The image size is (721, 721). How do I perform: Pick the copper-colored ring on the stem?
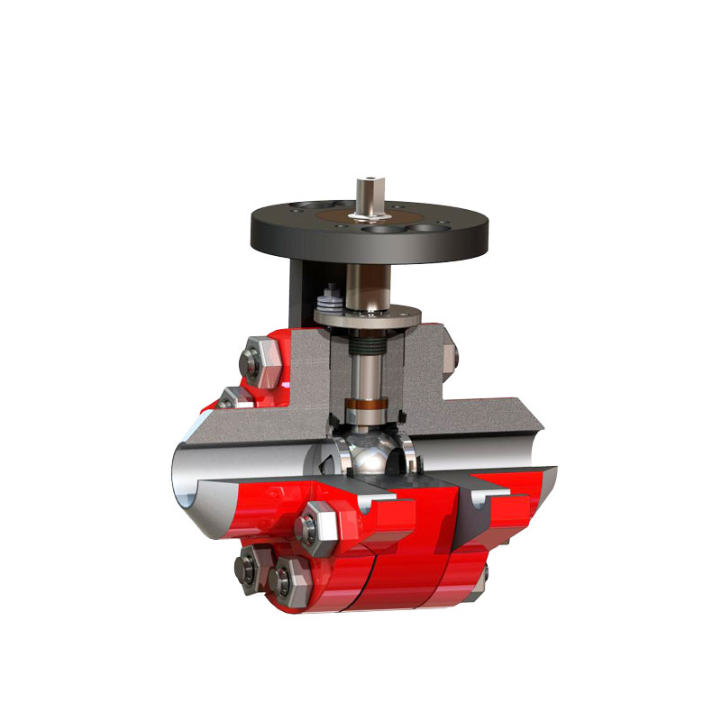pyautogui.click(x=370, y=403)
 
